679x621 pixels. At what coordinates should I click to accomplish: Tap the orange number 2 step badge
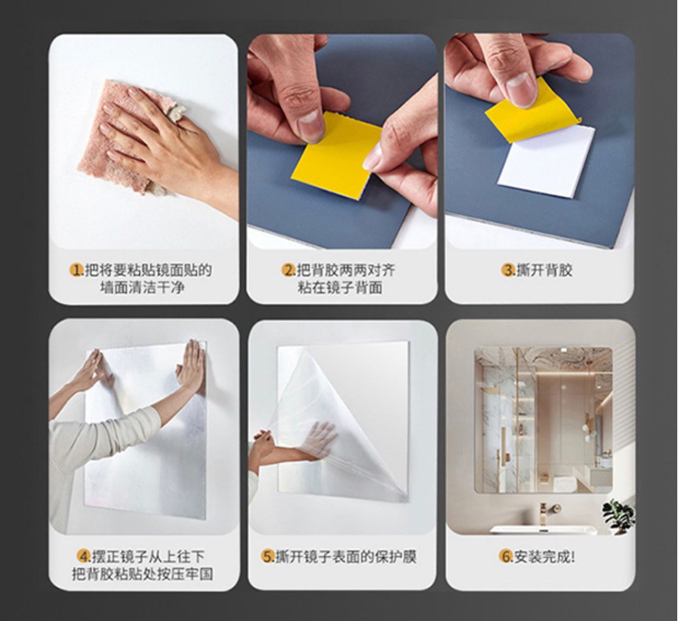point(288,270)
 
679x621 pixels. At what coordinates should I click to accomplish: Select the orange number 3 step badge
point(509,270)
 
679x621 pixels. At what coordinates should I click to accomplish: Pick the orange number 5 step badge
point(268,557)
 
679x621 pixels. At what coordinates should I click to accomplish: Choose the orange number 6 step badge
point(506,557)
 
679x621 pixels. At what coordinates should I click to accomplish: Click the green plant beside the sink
point(616,513)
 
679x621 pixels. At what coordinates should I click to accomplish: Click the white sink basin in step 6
point(543,529)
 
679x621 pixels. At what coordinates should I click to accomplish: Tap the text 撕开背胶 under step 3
point(544,270)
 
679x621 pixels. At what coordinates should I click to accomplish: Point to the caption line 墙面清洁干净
point(142,287)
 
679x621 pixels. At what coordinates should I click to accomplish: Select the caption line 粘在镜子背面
point(340,287)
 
